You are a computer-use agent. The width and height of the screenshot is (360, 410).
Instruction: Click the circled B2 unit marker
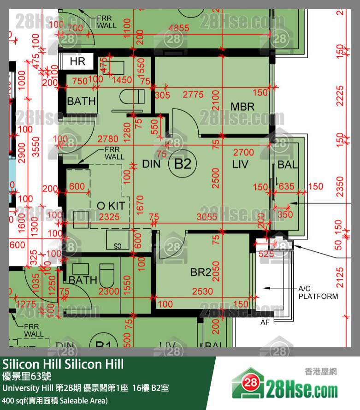pos(183,164)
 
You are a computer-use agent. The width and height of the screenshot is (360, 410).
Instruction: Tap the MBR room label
pos(242,107)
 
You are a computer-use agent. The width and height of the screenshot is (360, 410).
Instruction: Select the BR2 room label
pos(201,273)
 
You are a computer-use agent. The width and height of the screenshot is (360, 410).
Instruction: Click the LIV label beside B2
pos(240,164)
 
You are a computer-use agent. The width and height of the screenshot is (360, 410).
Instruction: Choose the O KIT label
pos(110,205)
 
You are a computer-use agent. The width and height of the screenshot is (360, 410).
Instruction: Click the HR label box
pos(77,61)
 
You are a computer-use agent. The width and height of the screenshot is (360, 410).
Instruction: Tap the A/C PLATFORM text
pos(318,292)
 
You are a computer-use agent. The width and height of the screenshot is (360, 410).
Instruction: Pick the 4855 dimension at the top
pos(179,28)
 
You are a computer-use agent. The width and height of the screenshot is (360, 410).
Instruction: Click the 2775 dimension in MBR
pos(193,95)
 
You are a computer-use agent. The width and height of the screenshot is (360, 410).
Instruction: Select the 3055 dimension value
pos(207,216)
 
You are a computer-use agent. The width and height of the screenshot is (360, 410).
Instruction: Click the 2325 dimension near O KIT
pos(109,216)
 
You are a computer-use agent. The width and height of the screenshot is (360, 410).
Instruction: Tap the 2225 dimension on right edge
pos(340,95)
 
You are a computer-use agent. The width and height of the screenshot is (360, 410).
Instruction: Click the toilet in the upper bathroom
pos(132,98)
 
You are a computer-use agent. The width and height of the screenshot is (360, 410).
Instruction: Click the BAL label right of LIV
pos(288,165)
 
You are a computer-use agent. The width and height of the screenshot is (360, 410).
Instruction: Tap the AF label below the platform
pos(266,322)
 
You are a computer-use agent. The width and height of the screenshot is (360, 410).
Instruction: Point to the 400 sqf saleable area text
pos(55,400)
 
